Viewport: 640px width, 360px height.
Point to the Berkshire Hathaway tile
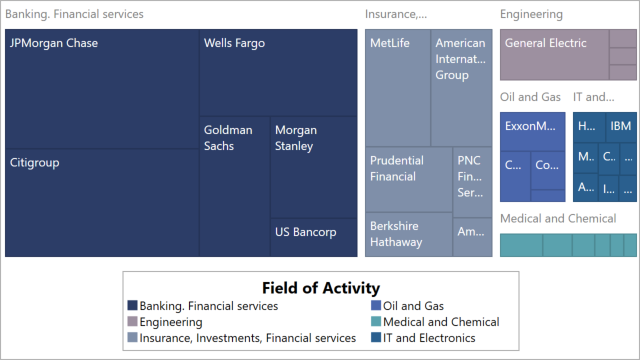[x=408, y=235]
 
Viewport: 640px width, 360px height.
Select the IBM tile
[x=621, y=126]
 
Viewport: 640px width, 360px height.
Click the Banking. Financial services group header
[x=75, y=15]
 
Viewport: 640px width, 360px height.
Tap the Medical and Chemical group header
[x=558, y=219]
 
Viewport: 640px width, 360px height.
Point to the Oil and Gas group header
[x=530, y=97]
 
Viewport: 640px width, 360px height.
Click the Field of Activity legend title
[x=320, y=287]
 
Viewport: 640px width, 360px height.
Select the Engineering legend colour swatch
[x=133, y=322]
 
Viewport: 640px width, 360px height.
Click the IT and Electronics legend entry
[x=435, y=338]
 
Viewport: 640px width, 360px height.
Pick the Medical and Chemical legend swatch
[x=376, y=322]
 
